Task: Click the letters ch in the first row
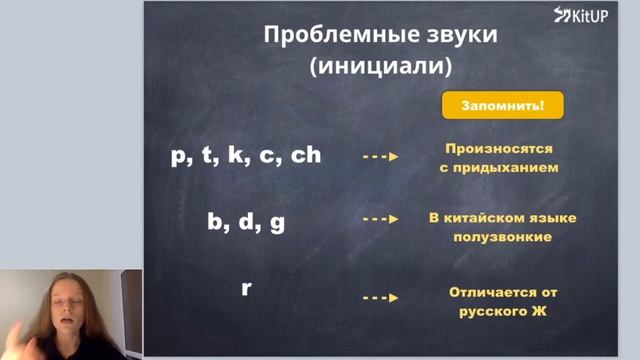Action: point(305,156)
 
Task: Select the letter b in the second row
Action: point(215,222)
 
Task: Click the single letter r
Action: point(246,289)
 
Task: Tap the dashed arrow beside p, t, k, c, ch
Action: point(380,157)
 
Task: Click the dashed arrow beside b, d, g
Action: point(380,218)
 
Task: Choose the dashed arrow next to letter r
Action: point(380,298)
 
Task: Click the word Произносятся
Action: point(499,148)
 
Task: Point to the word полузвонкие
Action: point(501,237)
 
